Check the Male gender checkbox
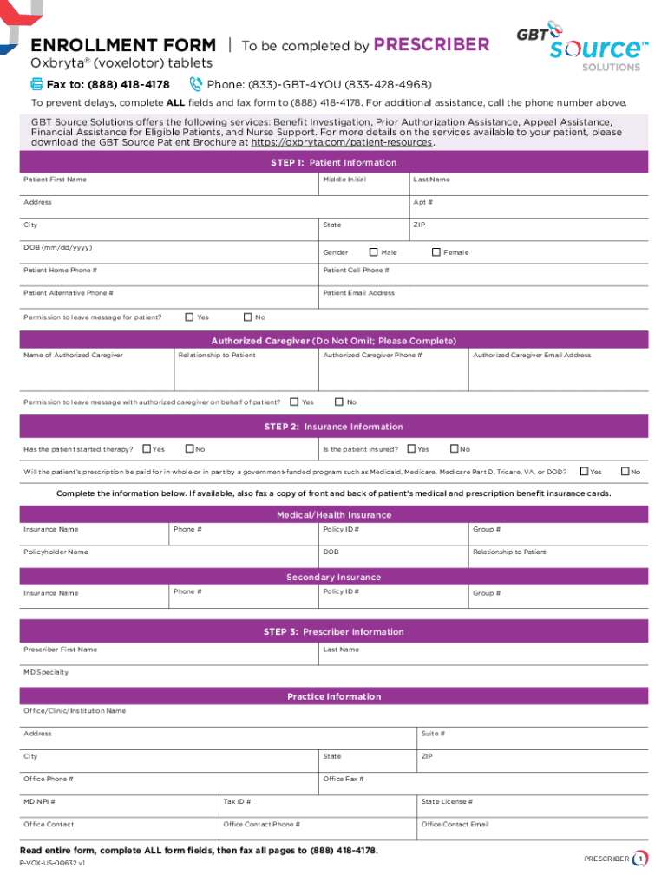tap(374, 252)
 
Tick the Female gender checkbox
tap(436, 252)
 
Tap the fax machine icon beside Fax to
tap(36, 84)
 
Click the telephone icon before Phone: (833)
tap(195, 84)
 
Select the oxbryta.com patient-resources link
tap(341, 143)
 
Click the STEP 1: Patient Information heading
tap(334, 163)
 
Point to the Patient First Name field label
tap(55, 180)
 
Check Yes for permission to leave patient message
tap(190, 317)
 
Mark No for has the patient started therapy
tap(188, 448)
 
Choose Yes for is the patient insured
tap(411, 448)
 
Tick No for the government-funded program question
tap(624, 471)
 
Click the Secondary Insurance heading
tap(334, 578)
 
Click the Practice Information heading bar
tap(334, 696)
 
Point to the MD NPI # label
tap(40, 802)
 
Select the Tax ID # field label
tap(238, 802)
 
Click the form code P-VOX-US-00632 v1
tap(52, 864)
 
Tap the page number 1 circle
tap(640, 859)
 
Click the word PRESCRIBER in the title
tap(431, 44)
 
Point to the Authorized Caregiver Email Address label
tap(532, 356)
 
